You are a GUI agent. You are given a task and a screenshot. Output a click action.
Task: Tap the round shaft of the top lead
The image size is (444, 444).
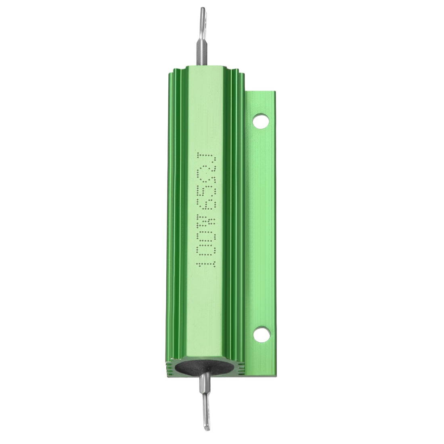(201, 50)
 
